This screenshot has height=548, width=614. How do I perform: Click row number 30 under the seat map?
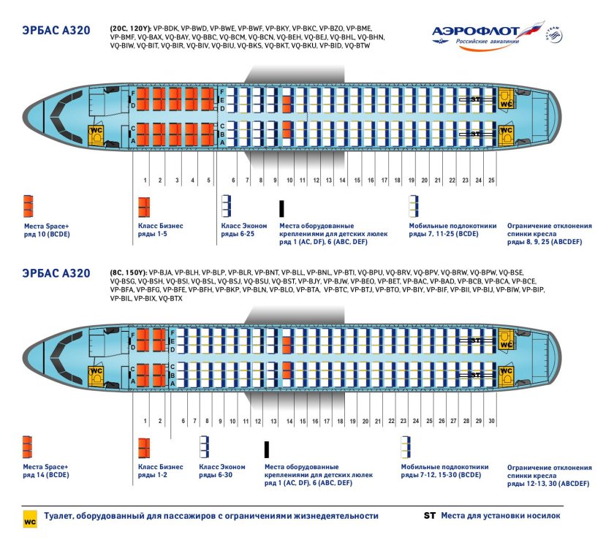click(x=492, y=422)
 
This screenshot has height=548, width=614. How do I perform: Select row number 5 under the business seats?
click(x=208, y=180)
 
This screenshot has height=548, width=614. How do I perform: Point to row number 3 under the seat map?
click(x=177, y=180)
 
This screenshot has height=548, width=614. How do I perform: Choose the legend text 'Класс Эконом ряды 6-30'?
click(x=222, y=471)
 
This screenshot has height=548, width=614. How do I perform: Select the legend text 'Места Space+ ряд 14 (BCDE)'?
click(x=46, y=471)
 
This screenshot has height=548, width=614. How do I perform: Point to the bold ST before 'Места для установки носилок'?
click(x=430, y=516)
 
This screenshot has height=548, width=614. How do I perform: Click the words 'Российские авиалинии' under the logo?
click(x=488, y=42)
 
